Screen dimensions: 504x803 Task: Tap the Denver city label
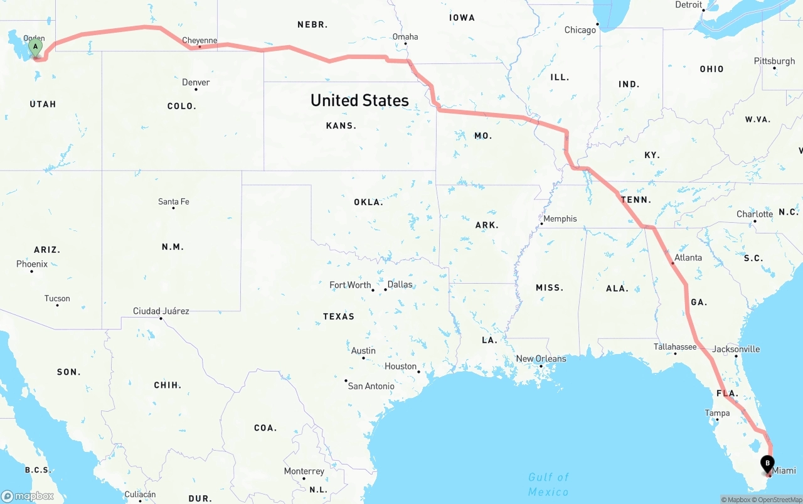click(196, 82)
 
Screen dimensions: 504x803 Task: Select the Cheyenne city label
click(199, 41)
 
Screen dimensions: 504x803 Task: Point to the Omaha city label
click(405, 36)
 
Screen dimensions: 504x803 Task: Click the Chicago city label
click(580, 30)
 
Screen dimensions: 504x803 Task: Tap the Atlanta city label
click(688, 257)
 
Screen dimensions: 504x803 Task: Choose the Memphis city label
click(560, 218)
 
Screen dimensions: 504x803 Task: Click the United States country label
click(359, 100)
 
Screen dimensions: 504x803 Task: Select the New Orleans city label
click(541, 358)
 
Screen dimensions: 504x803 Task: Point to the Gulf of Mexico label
click(548, 484)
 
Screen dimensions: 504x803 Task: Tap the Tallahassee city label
click(675, 346)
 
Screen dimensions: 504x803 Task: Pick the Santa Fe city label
click(174, 201)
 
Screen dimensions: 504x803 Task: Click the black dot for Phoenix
click(31, 271)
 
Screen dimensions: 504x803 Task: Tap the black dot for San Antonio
click(346, 380)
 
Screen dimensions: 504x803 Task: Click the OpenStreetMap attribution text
click(778, 500)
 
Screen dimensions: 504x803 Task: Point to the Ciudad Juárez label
click(161, 311)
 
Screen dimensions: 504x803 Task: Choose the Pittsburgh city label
click(774, 61)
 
